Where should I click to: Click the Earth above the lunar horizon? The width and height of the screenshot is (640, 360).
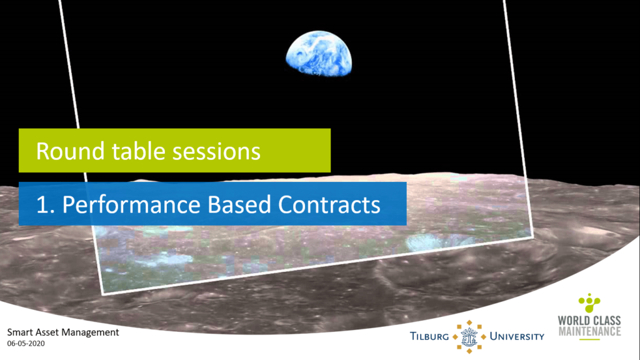[319, 54]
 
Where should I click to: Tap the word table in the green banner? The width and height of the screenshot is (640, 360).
[138, 151]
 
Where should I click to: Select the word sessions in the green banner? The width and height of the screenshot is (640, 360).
[216, 151]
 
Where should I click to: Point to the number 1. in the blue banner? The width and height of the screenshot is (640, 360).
[45, 204]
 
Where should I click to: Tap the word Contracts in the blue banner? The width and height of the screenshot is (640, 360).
[329, 204]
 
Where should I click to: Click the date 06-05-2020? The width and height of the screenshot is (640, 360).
[26, 344]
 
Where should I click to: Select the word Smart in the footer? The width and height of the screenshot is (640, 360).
[19, 332]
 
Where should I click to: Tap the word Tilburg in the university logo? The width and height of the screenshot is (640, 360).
[429, 336]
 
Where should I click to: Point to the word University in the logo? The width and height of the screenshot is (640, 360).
[517, 336]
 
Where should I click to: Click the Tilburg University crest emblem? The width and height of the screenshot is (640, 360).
[469, 337]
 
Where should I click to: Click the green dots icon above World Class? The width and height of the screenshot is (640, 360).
[589, 303]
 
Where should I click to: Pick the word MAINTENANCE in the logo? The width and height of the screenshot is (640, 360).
[589, 331]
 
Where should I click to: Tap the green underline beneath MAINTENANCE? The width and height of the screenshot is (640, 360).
[589, 339]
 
